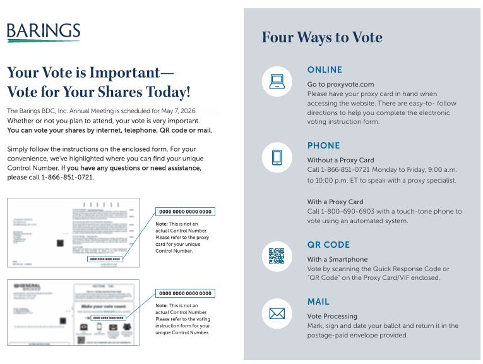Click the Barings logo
(44, 32)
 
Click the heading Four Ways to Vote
(322, 37)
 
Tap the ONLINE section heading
(325, 70)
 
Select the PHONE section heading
(323, 145)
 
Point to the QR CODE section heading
(328, 245)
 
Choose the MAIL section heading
(318, 301)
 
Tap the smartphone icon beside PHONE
(277, 157)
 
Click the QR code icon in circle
(277, 256)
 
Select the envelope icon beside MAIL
(277, 313)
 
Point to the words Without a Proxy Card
(340, 160)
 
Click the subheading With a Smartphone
(337, 259)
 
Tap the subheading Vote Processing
(332, 316)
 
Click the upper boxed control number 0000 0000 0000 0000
(185, 212)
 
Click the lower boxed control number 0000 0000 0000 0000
(185, 293)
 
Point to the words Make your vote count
(103, 306)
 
